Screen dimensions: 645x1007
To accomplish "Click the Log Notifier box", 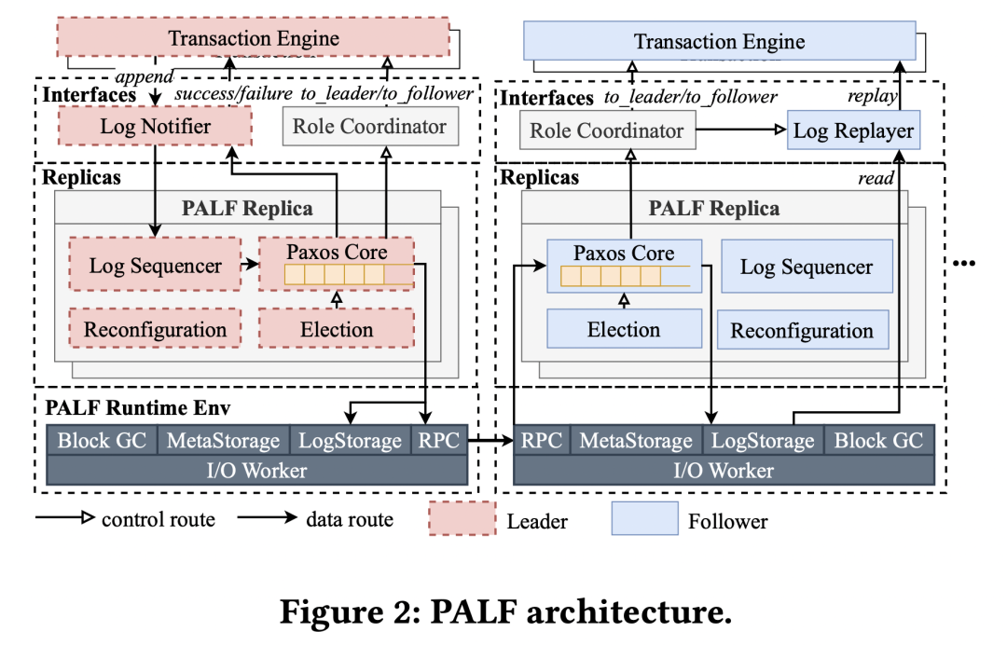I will click(155, 127).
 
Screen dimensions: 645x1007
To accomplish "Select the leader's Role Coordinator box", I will click(370, 127).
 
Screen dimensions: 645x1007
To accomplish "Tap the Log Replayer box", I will click(853, 130).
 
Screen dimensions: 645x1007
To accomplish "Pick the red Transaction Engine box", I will click(253, 39).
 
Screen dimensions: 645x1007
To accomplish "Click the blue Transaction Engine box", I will click(719, 42).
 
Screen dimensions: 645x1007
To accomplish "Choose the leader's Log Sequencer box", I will click(155, 266).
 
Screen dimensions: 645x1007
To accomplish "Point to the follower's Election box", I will click(624, 330).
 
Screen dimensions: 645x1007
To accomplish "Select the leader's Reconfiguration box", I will click(155, 330).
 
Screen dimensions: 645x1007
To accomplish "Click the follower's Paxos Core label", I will click(624, 254).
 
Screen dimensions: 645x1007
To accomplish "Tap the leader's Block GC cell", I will click(102, 441).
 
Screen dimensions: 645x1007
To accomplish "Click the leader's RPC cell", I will click(438, 441).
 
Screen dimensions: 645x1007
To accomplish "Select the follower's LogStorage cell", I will click(762, 441).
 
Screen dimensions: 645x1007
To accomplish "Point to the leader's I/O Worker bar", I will click(256, 470).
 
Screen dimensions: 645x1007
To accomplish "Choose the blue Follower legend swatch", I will click(644, 519).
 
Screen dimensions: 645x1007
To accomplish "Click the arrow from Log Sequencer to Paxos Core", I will click(247, 266).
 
